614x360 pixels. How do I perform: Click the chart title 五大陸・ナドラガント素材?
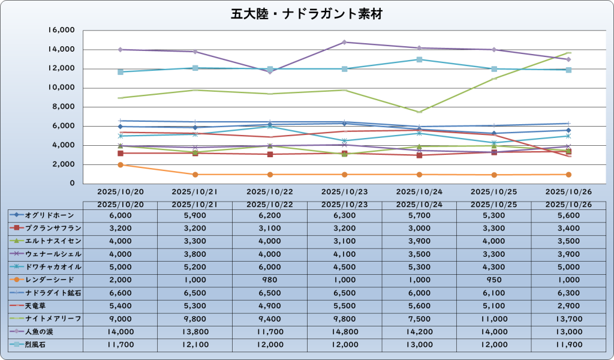click(x=306, y=13)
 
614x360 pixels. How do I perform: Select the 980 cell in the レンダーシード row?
click(x=270, y=280)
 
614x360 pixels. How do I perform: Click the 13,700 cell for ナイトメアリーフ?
click(x=568, y=319)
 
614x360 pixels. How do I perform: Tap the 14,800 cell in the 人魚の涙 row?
click(x=344, y=331)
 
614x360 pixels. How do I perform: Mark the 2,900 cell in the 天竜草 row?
click(x=568, y=305)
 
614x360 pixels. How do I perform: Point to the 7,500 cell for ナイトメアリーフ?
click(x=419, y=319)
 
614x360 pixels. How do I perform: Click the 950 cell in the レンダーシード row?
click(x=494, y=280)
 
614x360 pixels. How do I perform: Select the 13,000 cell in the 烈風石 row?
click(x=419, y=344)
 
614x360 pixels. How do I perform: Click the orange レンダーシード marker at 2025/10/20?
click(x=121, y=165)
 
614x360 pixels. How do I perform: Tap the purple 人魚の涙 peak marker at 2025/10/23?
click(x=345, y=42)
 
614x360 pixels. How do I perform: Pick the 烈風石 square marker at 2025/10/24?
click(x=420, y=59)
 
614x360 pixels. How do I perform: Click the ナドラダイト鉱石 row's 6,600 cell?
click(x=121, y=293)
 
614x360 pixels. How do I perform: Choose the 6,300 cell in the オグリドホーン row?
click(x=344, y=215)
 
